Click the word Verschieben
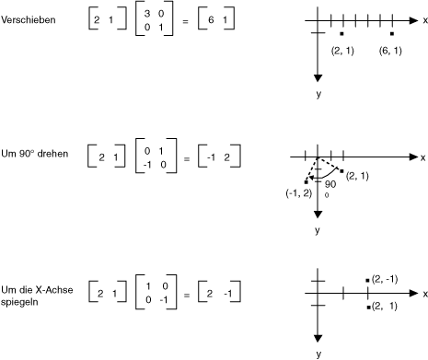(29, 20)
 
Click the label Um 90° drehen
(35, 154)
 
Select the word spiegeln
(19, 302)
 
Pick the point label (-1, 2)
(299, 193)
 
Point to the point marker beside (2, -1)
(367, 280)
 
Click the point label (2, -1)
(385, 279)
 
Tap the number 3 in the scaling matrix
(147, 14)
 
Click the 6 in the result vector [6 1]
(211, 20)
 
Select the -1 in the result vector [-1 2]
(211, 157)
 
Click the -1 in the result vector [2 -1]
(228, 294)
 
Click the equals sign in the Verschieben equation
(185, 21)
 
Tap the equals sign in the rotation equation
(187, 159)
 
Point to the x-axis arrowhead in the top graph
(414, 20)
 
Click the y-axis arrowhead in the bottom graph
(318, 338)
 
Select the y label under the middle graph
(318, 230)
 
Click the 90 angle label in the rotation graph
(330, 184)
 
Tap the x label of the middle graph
(423, 157)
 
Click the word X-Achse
(54, 290)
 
